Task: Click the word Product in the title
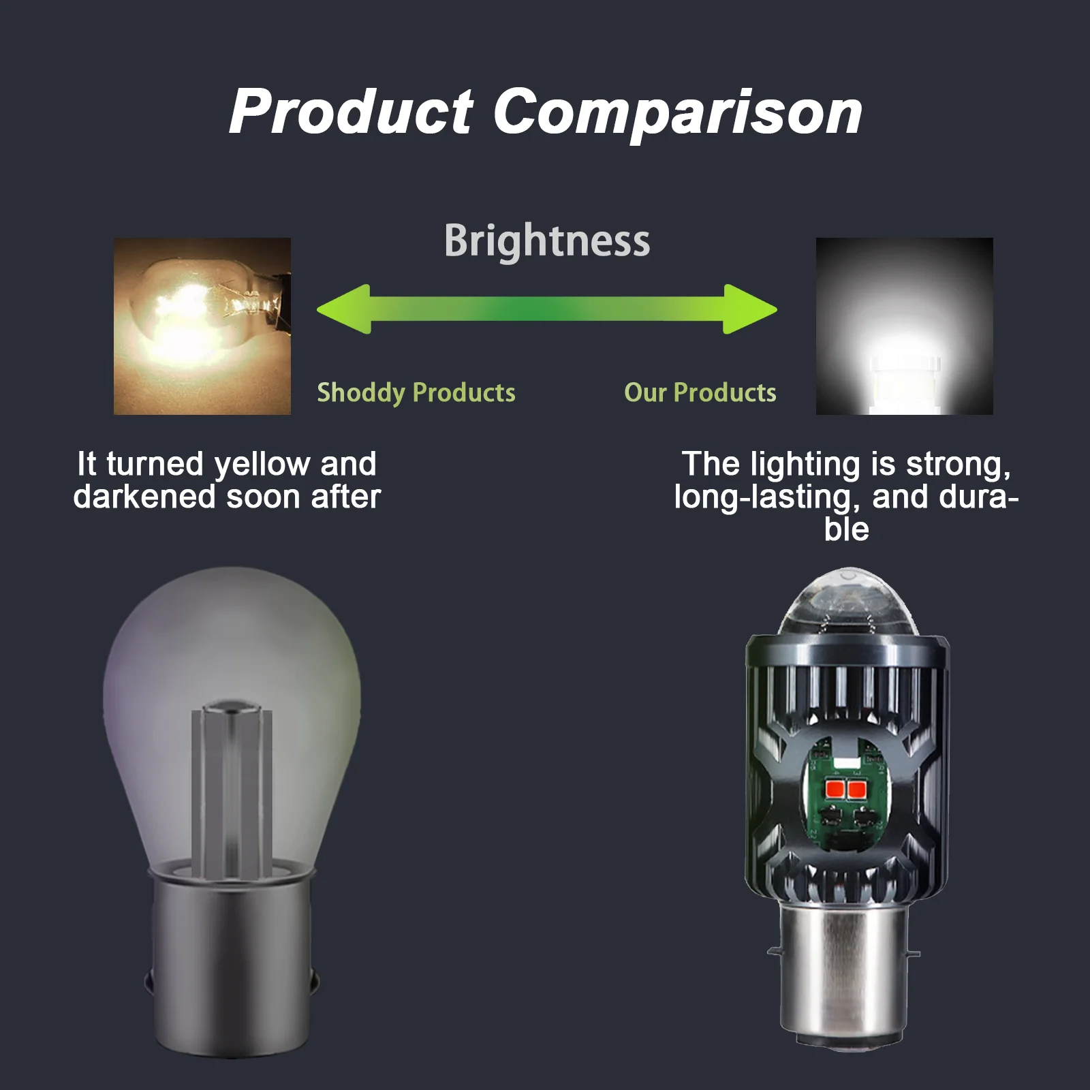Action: coord(351,112)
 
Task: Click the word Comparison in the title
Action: coord(677,112)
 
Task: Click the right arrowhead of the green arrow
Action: coord(749,309)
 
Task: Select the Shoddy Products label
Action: coord(416,393)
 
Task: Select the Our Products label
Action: coord(700,393)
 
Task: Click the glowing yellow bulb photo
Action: coord(202,326)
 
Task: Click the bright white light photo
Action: coord(904,326)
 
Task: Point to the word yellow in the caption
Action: coord(262,465)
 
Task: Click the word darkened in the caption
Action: coord(144,497)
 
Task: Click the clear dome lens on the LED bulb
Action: coord(847,603)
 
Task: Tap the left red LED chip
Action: coord(835,790)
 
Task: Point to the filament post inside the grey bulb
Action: coord(232,790)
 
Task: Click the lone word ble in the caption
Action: coord(846,530)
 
